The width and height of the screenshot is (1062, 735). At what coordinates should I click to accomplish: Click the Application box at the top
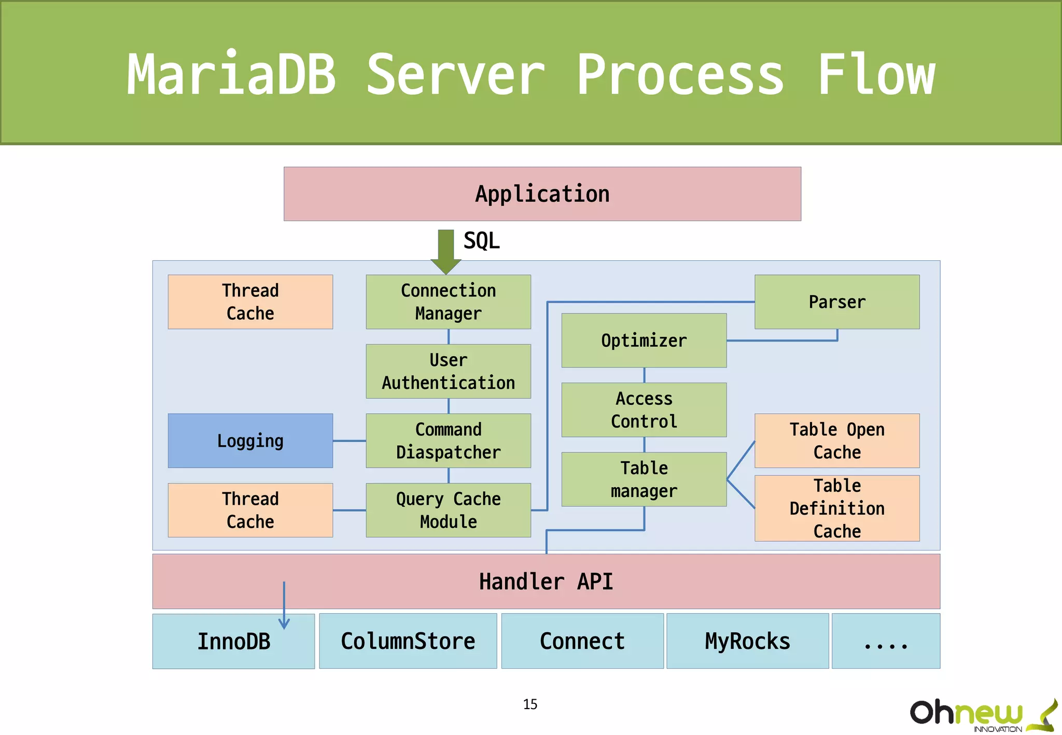(542, 194)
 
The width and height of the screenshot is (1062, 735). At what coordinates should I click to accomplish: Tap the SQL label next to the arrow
(481, 241)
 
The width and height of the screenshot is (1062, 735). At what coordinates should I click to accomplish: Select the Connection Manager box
(448, 302)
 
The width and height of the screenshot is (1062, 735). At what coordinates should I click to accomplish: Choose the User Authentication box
(448, 371)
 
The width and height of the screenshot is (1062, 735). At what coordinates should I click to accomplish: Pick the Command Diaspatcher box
(448, 441)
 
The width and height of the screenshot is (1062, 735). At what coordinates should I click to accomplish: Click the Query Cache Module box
(448, 510)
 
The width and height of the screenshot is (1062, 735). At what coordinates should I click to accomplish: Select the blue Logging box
(250, 441)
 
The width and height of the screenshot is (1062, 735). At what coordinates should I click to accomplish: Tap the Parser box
(837, 302)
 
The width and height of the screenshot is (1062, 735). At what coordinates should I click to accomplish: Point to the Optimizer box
(644, 341)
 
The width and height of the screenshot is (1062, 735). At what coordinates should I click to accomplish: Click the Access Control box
(644, 410)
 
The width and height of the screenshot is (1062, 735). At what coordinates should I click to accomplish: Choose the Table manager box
(644, 479)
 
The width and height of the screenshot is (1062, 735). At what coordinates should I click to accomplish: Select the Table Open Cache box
(837, 441)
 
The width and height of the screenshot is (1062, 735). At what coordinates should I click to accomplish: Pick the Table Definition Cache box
(837, 508)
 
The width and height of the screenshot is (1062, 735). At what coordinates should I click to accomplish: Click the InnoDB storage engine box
(233, 641)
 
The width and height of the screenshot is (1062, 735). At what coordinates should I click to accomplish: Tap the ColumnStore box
(408, 641)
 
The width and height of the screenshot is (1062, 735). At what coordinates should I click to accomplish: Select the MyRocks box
(747, 641)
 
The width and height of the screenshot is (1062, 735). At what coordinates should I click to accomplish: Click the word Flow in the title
(876, 75)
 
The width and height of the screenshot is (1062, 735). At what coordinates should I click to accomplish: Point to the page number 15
(530, 704)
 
